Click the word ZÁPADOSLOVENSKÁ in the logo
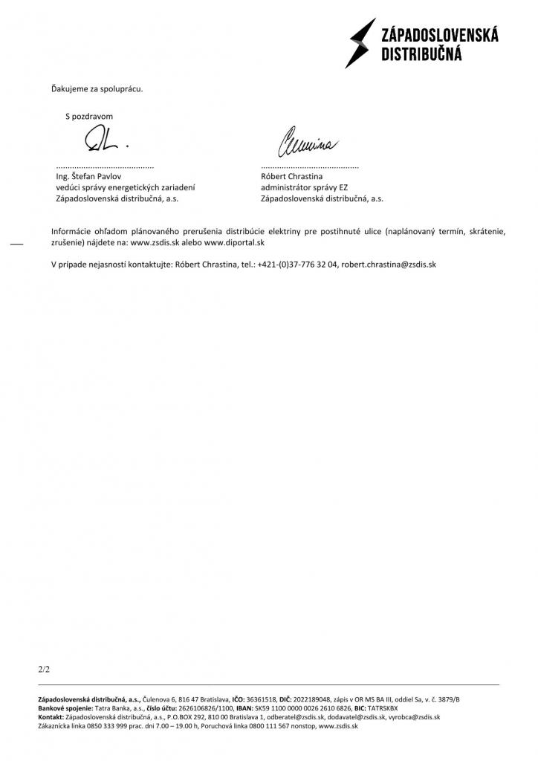click(439, 35)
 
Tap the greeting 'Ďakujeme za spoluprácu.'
click(97, 89)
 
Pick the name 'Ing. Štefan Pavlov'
click(88, 177)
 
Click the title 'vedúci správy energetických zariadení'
click(125, 188)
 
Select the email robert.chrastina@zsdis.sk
click(389, 265)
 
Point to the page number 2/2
click(44, 670)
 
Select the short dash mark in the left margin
click(16, 245)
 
